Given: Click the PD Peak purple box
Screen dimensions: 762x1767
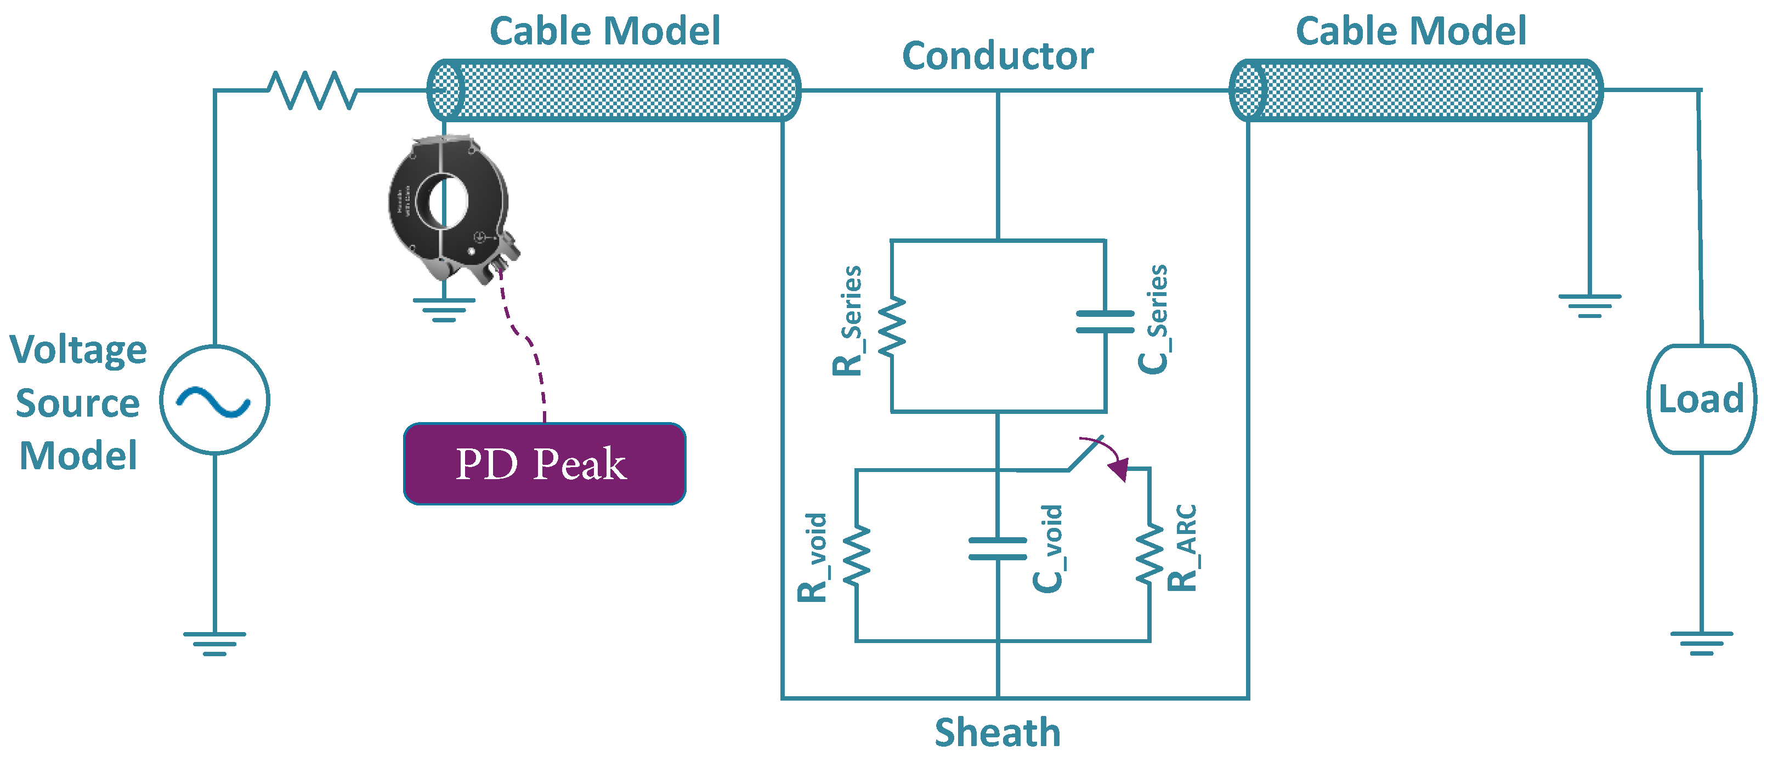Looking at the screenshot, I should (544, 464).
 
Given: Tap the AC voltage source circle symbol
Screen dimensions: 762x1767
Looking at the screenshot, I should (214, 400).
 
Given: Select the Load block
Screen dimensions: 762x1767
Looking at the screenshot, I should (1701, 399).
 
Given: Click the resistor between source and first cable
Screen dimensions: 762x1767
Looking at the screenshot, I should (312, 90).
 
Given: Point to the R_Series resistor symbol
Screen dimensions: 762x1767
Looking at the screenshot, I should (892, 327).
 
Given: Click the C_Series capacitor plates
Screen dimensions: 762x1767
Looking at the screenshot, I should (1105, 321).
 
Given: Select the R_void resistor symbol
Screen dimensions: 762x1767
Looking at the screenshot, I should (856, 555).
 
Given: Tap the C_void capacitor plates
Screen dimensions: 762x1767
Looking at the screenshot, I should (998, 549).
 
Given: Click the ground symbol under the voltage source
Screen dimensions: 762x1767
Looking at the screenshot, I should (214, 644).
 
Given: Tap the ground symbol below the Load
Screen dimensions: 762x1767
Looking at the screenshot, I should (1701, 642).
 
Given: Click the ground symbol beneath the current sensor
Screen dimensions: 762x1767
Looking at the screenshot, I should (444, 309).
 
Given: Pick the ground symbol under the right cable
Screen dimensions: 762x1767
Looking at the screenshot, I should (1589, 305).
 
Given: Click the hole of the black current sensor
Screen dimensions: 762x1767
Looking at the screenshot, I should (446, 202).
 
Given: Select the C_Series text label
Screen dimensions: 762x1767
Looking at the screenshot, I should (1154, 320).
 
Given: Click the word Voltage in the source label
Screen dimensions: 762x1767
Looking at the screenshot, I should (78, 350).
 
